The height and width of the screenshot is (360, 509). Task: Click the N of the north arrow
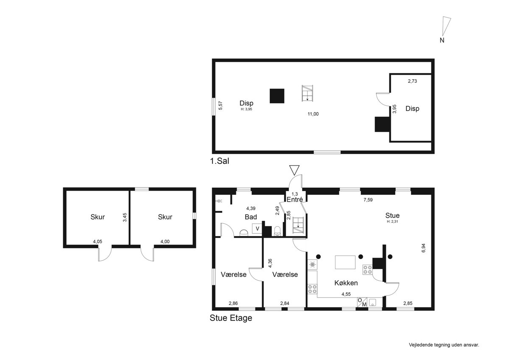(442, 40)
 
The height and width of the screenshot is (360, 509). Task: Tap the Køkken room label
(346, 283)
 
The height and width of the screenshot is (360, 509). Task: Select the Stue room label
(392, 215)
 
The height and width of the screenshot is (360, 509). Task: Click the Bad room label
(251, 217)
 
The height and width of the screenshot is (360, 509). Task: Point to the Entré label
(295, 200)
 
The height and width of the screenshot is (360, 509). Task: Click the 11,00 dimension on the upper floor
(313, 114)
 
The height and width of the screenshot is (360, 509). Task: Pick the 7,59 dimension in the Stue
(368, 200)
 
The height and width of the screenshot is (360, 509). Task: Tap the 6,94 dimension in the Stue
(423, 248)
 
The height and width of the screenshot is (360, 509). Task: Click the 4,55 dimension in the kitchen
(346, 294)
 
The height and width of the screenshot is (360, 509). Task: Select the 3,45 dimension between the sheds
(125, 217)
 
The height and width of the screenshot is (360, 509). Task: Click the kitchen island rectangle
(345, 262)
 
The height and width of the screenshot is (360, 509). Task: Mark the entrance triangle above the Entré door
(294, 170)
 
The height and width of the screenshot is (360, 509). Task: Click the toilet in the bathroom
(277, 231)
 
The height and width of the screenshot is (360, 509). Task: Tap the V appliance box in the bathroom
(257, 228)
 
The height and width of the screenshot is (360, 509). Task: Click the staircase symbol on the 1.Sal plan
(307, 93)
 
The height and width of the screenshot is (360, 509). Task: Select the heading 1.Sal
(220, 161)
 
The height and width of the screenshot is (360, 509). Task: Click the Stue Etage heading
(231, 318)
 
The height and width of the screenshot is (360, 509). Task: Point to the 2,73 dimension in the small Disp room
(412, 81)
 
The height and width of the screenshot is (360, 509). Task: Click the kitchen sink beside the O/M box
(372, 303)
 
